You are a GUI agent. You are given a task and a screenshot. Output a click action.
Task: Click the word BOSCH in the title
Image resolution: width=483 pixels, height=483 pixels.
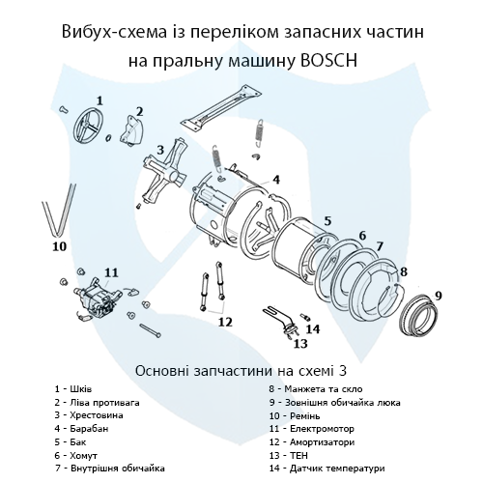tap(328, 60)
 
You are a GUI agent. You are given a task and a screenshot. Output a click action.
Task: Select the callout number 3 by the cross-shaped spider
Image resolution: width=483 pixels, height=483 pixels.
tap(160, 150)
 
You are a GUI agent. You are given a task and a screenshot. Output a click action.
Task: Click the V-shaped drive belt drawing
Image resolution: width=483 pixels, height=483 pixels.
tap(58, 210)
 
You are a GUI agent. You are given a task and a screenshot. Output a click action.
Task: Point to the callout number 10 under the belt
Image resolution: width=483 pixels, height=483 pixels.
tap(60, 246)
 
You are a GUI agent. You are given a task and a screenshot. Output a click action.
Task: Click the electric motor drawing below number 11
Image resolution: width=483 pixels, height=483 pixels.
tap(97, 298)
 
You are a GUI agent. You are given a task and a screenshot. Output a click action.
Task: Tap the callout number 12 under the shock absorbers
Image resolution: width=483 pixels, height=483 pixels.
tap(225, 322)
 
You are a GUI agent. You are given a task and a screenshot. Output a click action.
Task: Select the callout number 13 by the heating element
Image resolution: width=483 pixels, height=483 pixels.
tap(300, 344)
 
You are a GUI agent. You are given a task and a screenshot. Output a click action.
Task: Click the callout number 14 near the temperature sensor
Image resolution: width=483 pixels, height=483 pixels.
tap(313, 329)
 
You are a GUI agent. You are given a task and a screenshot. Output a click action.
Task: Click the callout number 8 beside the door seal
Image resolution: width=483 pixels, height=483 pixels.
tap(404, 272)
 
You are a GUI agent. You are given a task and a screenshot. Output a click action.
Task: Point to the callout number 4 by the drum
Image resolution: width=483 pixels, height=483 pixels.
tap(276, 180)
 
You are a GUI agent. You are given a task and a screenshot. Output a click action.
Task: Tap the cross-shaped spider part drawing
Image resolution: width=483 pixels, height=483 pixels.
tap(165, 172)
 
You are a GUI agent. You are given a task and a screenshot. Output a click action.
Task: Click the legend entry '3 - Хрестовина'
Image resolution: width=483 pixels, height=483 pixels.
tap(89, 415)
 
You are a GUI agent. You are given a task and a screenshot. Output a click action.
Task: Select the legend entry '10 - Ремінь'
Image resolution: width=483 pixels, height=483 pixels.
tap(295, 416)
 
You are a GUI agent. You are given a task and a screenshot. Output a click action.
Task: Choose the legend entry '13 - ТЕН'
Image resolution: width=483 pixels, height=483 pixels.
tap(289, 456)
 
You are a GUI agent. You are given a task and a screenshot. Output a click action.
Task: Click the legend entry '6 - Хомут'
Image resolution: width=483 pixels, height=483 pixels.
tap(76, 456)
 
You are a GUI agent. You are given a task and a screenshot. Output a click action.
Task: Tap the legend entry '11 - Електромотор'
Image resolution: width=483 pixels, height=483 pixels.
tap(312, 429)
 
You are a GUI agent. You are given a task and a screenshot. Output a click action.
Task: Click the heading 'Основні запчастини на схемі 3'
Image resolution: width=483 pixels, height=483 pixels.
tap(241, 371)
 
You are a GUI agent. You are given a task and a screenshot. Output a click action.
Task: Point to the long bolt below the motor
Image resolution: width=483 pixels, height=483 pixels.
tap(150, 331)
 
